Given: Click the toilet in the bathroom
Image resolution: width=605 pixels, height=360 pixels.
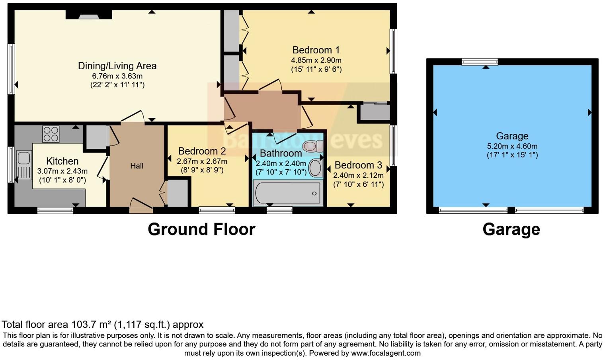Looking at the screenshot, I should (314, 146).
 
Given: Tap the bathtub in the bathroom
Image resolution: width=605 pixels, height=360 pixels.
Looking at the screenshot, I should (287, 194).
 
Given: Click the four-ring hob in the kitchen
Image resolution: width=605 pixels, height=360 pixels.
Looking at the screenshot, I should (51, 134).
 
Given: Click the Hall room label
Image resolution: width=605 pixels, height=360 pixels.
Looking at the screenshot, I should (137, 166).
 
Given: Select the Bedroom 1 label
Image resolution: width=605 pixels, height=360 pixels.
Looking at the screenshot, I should (316, 50).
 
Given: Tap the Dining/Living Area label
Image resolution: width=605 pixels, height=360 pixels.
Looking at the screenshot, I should (117, 66).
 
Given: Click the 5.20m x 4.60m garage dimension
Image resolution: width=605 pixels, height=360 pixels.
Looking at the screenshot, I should (512, 146).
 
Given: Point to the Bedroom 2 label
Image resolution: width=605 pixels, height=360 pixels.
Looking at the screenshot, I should (202, 151).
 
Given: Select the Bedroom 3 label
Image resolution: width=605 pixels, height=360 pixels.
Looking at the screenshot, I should (358, 165).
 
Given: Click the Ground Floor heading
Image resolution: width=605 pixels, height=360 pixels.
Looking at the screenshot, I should (201, 229).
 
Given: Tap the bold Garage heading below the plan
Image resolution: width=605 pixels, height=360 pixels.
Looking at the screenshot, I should (511, 229).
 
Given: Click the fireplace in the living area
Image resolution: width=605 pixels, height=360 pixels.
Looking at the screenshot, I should (88, 16).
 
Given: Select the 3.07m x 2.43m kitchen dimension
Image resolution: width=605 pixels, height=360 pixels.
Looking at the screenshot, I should (62, 171).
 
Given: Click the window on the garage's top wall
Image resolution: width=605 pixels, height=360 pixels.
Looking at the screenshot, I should (480, 62).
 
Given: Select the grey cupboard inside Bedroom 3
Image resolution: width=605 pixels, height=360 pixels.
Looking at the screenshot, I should (375, 112).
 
